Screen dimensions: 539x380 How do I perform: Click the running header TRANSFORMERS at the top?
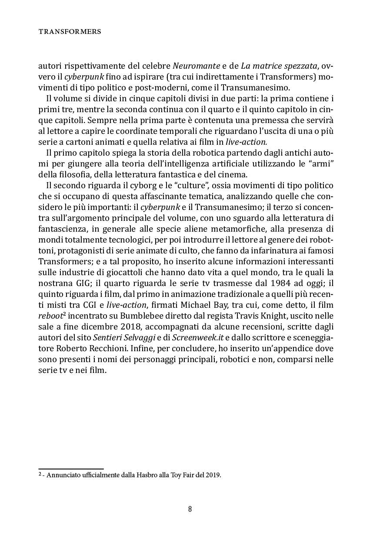coord(70,31)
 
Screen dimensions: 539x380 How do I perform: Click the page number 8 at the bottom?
coord(190,509)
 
